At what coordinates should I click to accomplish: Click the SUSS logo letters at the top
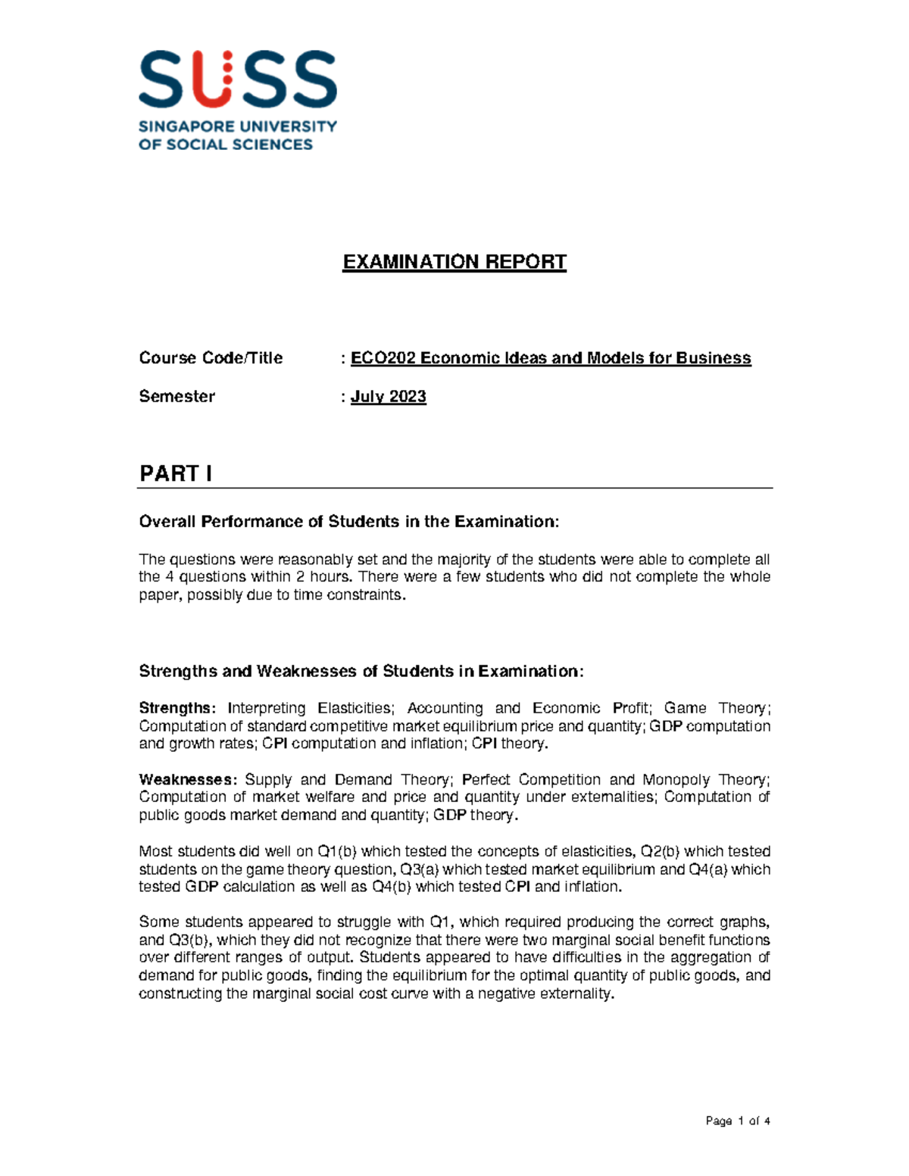(x=237, y=80)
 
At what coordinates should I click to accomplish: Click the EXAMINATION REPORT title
(x=454, y=262)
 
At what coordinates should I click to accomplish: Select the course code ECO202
(x=383, y=358)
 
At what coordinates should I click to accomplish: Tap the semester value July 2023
(x=388, y=397)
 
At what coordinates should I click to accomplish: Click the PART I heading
(x=176, y=474)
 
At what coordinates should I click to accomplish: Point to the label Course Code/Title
(x=211, y=358)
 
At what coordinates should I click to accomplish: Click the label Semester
(x=176, y=397)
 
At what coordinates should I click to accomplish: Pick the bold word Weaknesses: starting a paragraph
(x=188, y=779)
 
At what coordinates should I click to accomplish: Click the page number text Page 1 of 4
(x=737, y=1121)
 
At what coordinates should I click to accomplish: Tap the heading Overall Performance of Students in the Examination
(x=348, y=522)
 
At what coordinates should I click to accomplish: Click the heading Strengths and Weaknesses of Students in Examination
(x=361, y=672)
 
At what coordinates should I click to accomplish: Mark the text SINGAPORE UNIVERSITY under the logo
(x=237, y=126)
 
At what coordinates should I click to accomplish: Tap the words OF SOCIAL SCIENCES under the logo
(x=225, y=145)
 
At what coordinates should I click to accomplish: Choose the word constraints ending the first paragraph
(x=366, y=595)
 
